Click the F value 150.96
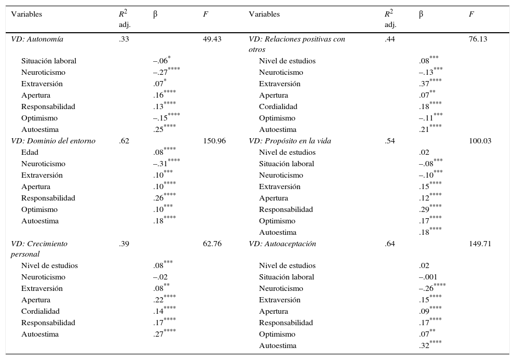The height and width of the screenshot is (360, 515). coord(214,141)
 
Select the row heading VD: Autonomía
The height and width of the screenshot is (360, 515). coord(37,39)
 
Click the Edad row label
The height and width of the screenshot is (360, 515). coord(30,152)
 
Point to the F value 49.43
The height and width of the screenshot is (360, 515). coord(212,39)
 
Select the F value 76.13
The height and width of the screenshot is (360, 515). coord(478,39)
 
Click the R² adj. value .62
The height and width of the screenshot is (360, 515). coord(124,141)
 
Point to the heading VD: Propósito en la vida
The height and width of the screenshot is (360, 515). coord(290,141)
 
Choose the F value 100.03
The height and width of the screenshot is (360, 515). coord(480,141)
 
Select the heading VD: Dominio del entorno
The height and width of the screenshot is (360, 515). coord(53,141)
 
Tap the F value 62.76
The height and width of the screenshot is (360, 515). coord(212,244)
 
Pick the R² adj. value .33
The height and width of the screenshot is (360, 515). coord(124,39)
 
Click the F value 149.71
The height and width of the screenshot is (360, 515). coord(480,244)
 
